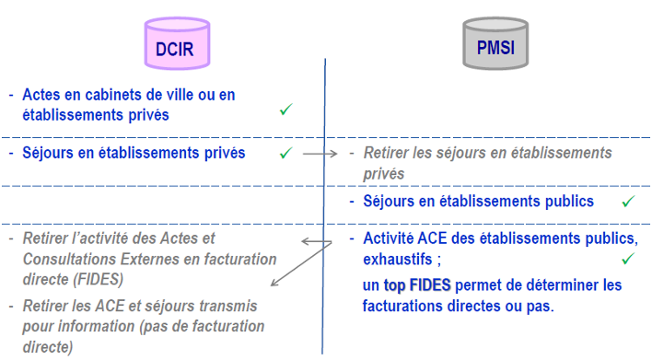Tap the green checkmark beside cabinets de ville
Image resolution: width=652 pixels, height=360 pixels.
(x=285, y=110)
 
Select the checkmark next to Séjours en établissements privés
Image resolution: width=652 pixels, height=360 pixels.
(x=285, y=151)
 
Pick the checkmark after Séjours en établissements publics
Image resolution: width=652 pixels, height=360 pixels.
(x=628, y=201)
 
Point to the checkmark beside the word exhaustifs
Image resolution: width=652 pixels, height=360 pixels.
(x=629, y=259)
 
